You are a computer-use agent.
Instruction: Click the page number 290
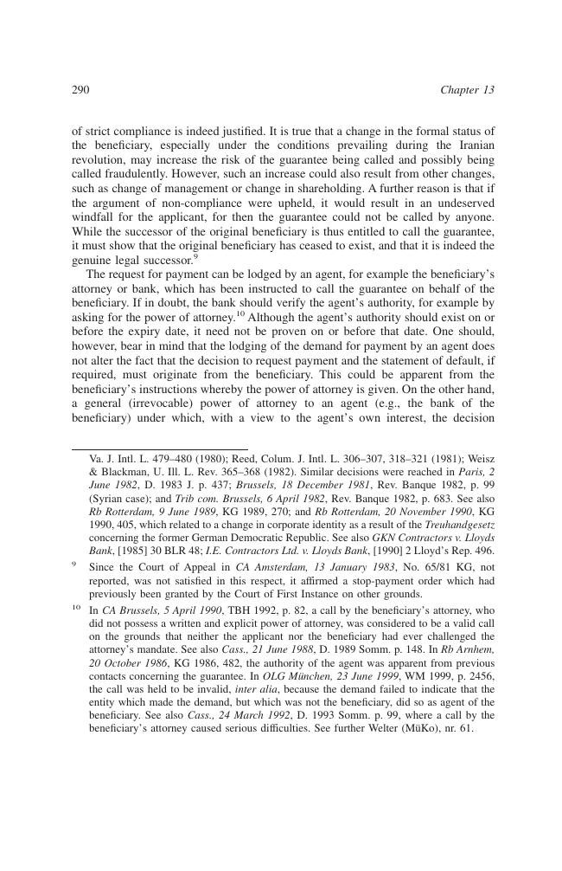coord(80,90)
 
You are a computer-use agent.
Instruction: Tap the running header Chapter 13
coord(467,90)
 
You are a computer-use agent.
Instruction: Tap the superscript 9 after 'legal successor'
coord(196,255)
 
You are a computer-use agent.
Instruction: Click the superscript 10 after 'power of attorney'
coord(240,314)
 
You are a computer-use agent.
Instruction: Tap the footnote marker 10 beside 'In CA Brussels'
coord(76,610)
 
